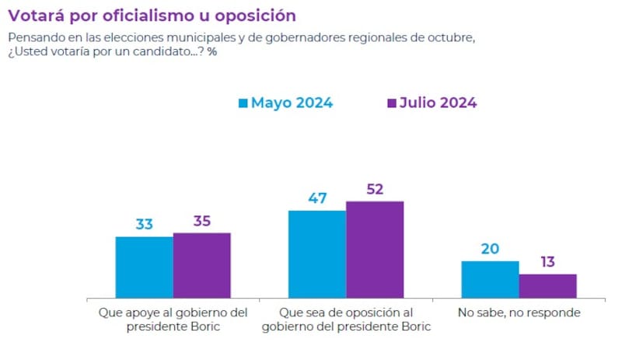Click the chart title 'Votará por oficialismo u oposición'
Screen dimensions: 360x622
(152, 15)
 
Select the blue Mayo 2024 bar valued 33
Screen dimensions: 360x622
(145, 267)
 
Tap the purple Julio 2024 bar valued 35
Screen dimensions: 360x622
(202, 265)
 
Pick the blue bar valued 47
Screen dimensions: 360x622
(317, 253)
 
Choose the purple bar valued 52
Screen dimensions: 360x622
(375, 249)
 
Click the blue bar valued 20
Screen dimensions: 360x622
(490, 279)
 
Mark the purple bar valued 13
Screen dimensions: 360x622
(547, 285)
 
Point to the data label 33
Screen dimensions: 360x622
(145, 225)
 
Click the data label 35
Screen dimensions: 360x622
(202, 221)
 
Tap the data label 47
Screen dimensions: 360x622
(317, 198)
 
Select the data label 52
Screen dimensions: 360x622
(375, 189)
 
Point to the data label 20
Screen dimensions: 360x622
(490, 249)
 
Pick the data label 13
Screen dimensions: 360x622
(547, 262)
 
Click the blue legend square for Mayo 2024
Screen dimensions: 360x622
(243, 103)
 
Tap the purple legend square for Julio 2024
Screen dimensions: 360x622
(390, 103)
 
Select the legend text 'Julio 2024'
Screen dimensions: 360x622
(438, 103)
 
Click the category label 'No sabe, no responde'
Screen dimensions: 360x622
(519, 313)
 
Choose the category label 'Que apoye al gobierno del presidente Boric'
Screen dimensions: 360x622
(173, 320)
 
